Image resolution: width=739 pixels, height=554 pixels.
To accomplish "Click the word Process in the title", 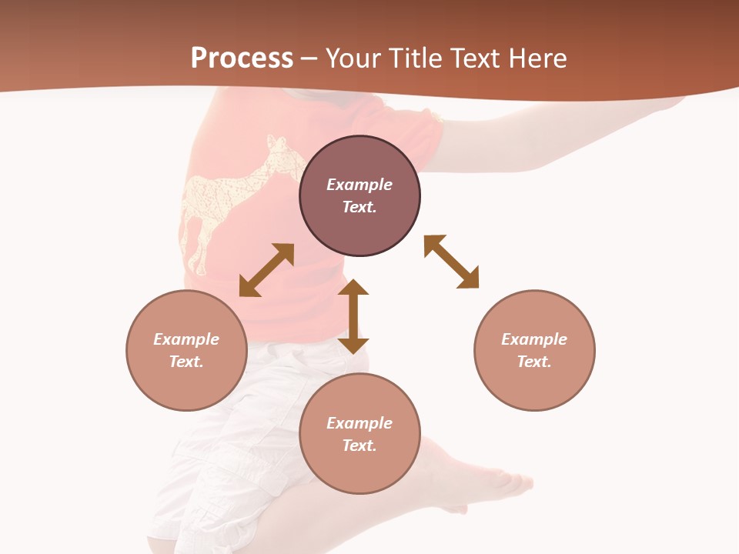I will tap(242, 58).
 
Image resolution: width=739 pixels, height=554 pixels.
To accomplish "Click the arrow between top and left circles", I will tap(266, 270).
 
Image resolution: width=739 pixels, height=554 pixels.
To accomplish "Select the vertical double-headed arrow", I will tap(353, 316).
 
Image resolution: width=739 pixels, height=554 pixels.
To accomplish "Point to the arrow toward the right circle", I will tap(452, 262).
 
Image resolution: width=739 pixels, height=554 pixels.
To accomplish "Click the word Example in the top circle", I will tap(359, 185).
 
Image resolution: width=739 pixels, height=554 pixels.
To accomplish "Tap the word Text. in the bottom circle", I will tap(359, 446).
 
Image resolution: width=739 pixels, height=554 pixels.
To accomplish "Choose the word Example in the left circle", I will tap(186, 339).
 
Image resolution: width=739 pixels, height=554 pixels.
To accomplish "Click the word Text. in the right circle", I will tap(534, 362).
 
